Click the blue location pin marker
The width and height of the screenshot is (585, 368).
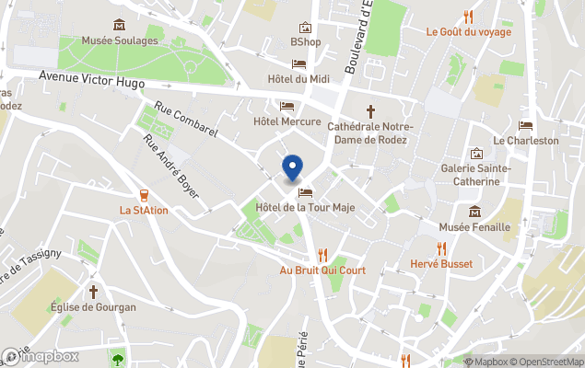[292, 167]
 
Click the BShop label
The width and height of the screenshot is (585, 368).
[305, 42]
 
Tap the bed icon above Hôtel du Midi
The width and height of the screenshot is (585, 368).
[299, 63]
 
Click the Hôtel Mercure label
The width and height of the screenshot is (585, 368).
[287, 121]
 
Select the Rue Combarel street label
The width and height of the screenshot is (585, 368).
[186, 120]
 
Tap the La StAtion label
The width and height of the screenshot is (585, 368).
[144, 210]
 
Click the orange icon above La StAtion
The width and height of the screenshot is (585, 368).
[144, 194]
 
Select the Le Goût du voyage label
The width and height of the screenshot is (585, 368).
[468, 31]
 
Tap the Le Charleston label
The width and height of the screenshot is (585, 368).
[525, 141]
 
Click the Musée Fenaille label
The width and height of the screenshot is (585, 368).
[474, 227]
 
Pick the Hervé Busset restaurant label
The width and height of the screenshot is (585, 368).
[441, 264]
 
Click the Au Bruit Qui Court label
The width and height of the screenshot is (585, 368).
[322, 270]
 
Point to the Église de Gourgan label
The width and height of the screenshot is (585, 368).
[93, 307]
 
